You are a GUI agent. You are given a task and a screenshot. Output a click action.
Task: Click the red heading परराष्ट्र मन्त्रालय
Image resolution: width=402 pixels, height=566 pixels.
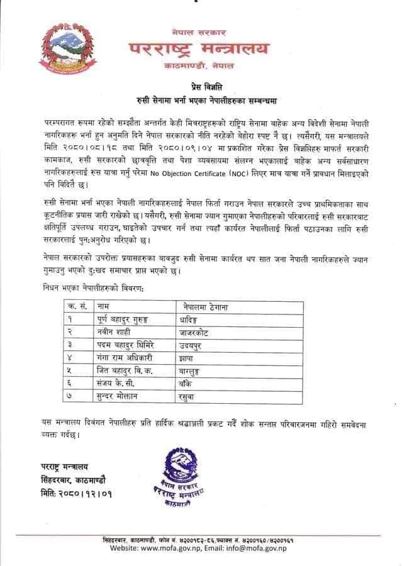tap(199, 48)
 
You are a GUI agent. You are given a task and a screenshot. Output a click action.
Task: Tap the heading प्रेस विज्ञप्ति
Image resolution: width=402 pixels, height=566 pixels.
tap(203, 87)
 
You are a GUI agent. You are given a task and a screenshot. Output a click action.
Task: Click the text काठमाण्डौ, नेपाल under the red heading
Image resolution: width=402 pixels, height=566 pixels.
tap(201, 65)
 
